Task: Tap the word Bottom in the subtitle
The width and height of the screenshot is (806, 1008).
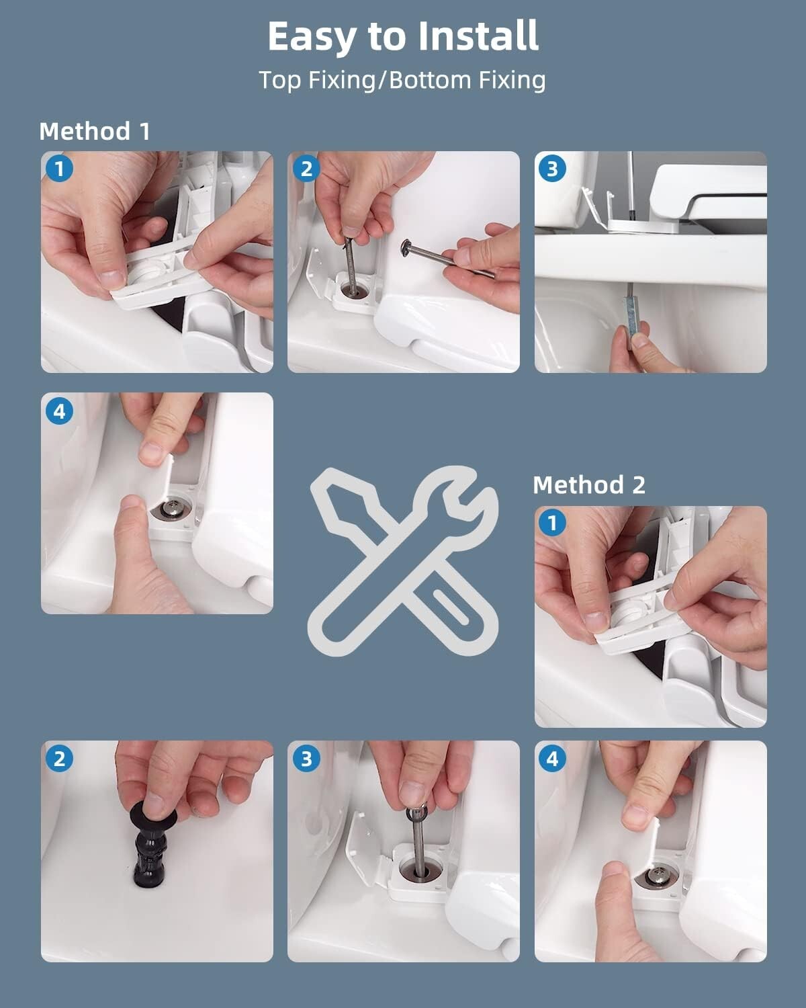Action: pyautogui.click(x=429, y=80)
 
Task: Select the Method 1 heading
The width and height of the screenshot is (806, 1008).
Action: pyautogui.click(x=95, y=131)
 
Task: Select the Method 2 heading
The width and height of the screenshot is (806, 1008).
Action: pyautogui.click(x=589, y=485)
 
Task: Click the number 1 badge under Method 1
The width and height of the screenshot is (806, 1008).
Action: pyautogui.click(x=60, y=169)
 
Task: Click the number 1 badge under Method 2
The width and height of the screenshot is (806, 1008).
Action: pyautogui.click(x=553, y=523)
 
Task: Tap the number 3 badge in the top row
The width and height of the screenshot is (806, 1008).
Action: pyautogui.click(x=553, y=169)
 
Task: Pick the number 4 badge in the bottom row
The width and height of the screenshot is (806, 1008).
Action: pyautogui.click(x=553, y=759)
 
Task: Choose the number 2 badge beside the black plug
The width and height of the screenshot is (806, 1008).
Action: pyautogui.click(x=60, y=759)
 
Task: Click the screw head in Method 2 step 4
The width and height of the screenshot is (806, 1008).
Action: pyautogui.click(x=656, y=873)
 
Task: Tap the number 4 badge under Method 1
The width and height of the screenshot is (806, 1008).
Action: pyautogui.click(x=60, y=411)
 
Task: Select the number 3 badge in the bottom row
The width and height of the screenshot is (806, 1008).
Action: pyautogui.click(x=306, y=759)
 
